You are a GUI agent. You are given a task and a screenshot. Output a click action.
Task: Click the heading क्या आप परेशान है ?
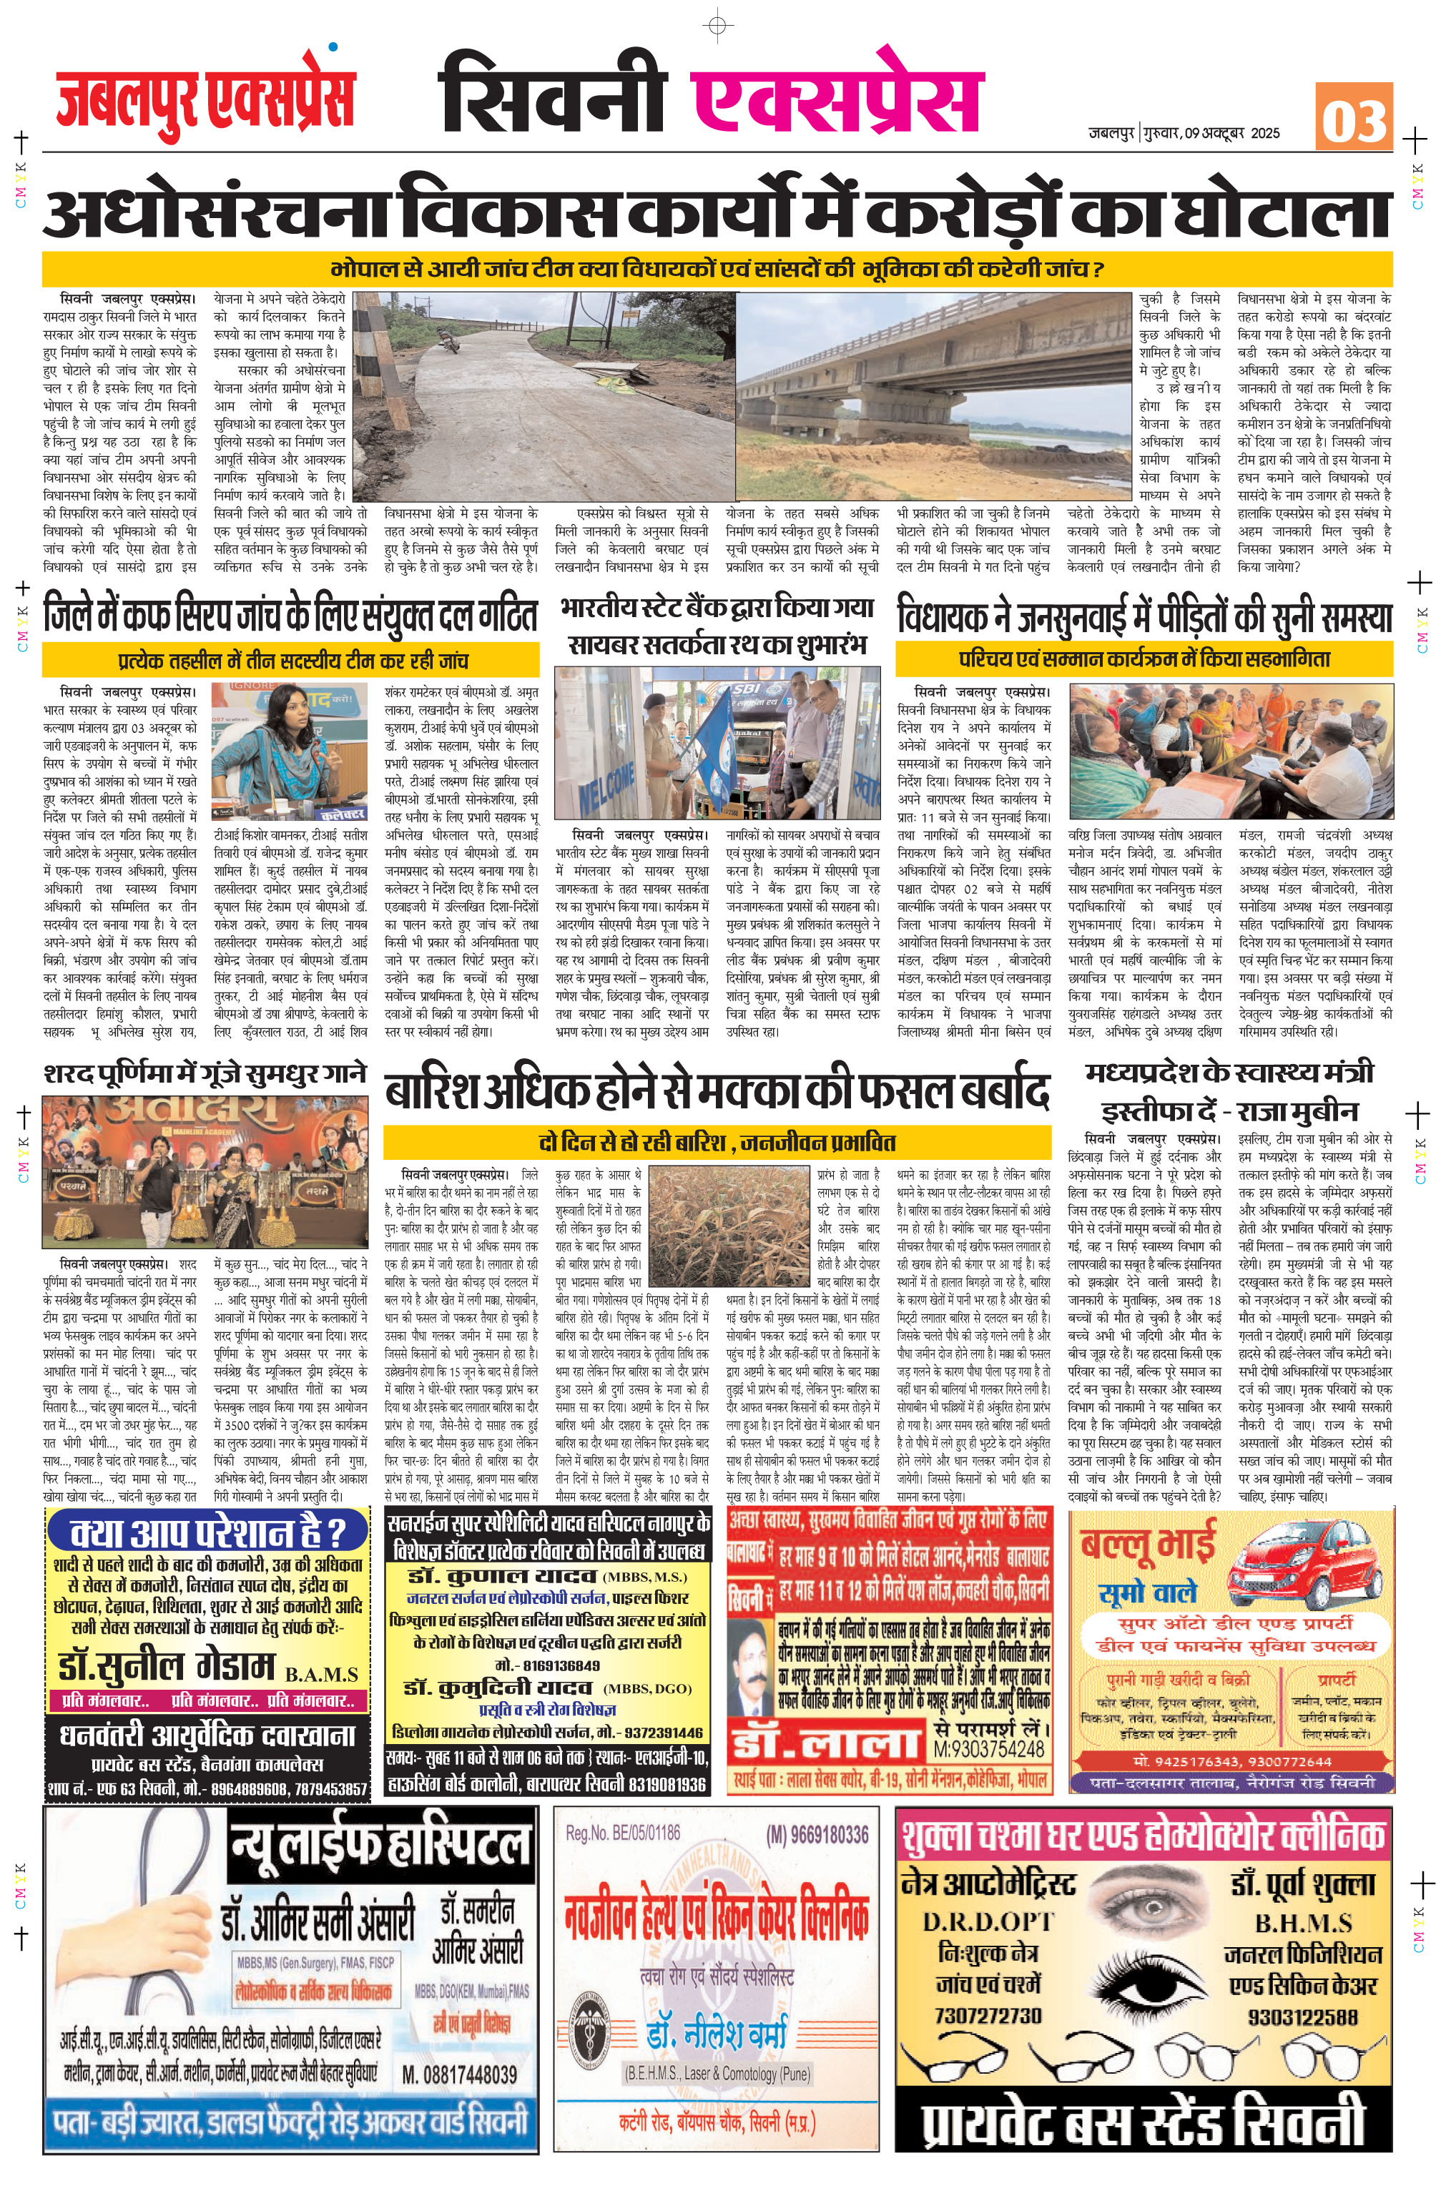point(207,1532)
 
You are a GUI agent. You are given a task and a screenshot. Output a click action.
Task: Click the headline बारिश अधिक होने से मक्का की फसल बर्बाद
point(717,1091)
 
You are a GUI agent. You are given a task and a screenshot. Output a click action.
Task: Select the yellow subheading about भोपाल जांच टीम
point(717,270)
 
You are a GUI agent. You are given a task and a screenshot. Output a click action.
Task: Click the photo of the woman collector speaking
point(289,749)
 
